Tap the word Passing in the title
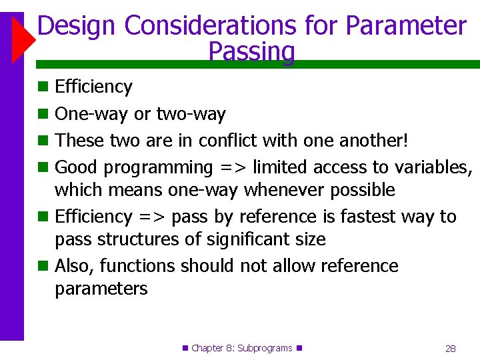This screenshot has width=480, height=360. coord(251,51)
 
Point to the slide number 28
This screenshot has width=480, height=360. coord(450,349)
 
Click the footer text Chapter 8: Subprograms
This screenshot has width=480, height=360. coord(242,348)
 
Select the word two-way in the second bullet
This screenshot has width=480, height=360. coord(191,115)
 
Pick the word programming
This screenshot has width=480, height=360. coord(158,167)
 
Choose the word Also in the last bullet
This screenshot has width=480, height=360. coord(75,266)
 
